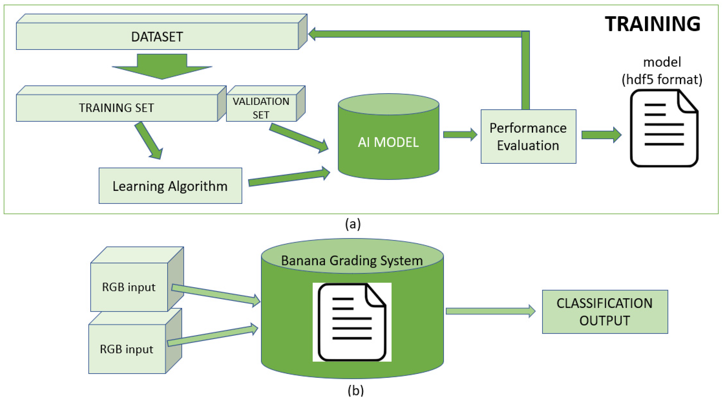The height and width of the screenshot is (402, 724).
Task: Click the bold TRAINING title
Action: coord(652,24)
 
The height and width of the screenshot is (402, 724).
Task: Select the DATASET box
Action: coord(157,37)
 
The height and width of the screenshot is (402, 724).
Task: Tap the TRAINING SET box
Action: coord(117,108)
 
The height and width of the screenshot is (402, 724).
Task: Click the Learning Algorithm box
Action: coord(170,186)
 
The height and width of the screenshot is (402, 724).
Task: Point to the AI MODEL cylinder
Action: coord(388,142)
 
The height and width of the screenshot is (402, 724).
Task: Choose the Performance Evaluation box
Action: coord(528,137)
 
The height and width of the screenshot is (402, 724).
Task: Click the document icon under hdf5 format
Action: coord(664,128)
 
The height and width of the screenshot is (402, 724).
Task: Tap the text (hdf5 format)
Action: coord(662,80)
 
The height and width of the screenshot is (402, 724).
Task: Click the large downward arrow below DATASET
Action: coord(162,67)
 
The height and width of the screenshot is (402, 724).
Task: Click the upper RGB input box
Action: coord(129,287)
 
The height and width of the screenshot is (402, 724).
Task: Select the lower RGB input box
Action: coord(127,349)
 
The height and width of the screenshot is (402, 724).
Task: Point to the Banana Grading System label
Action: coord(352,260)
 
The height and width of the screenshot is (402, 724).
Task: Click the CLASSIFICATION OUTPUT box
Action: coord(605,312)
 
